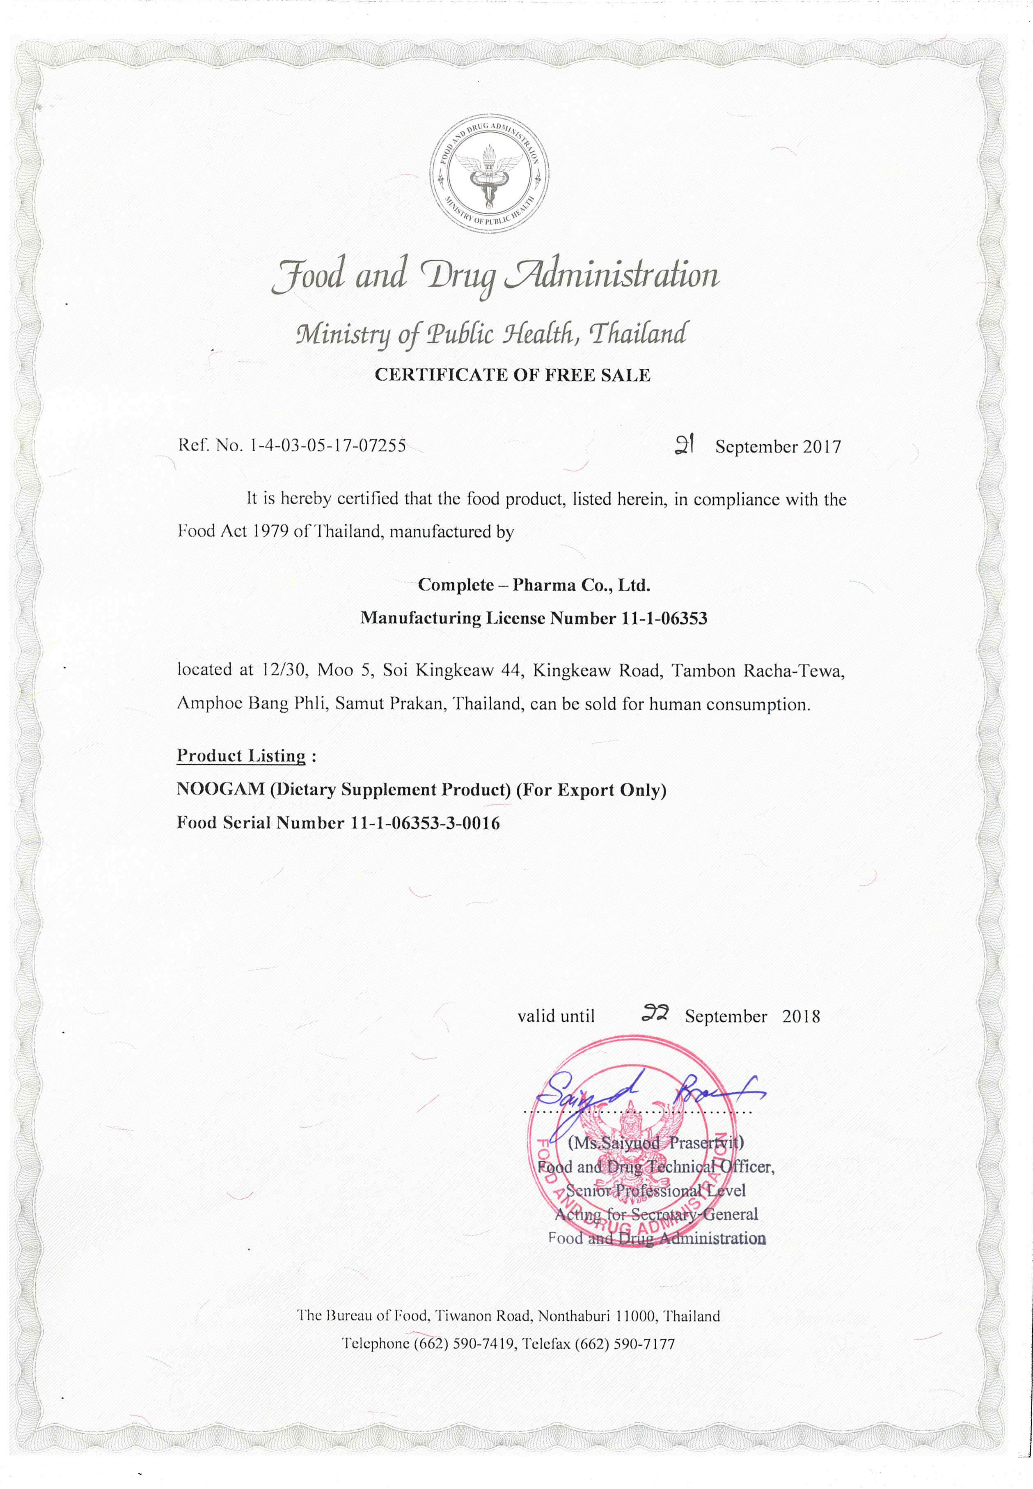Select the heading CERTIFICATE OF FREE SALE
513,375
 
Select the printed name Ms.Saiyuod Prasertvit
656,1142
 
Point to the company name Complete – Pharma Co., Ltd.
534,585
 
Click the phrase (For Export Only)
591,790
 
